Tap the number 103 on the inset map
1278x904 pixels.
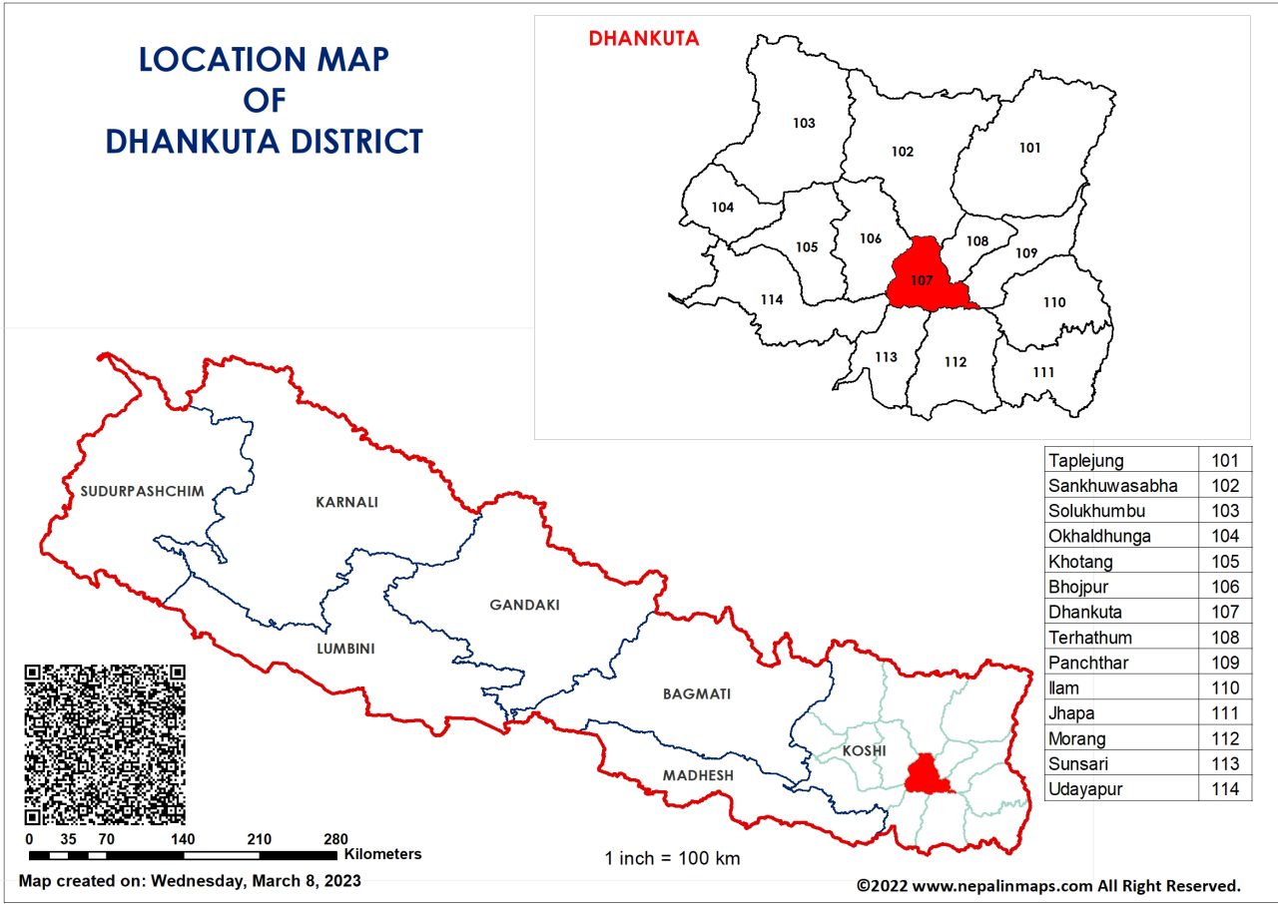coord(804,124)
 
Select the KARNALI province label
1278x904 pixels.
coord(346,502)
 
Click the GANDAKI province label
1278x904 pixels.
coord(524,605)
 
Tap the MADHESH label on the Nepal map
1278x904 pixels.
coord(698,775)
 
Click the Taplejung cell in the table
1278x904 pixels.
coord(1085,460)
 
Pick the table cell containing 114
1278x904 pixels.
coord(1224,789)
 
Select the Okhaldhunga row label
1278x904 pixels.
coord(1098,536)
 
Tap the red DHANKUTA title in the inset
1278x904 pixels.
coord(643,39)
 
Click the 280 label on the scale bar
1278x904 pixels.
coord(335,838)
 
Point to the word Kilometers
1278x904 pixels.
coord(383,854)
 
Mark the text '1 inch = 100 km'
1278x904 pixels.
coord(672,858)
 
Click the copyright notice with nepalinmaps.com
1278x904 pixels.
coord(1048,884)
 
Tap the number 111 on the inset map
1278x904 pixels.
coord(1043,372)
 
